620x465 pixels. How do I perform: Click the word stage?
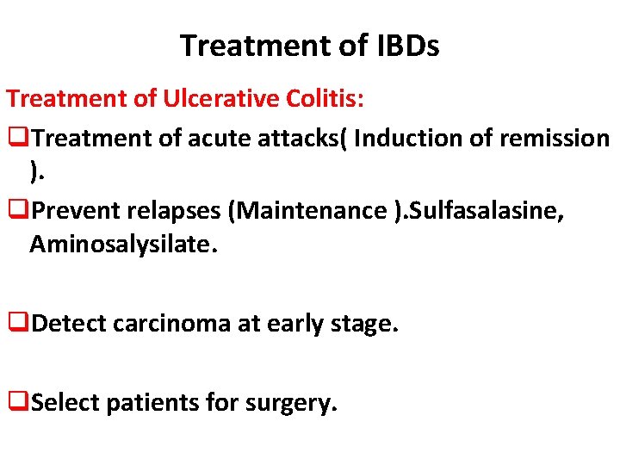(367, 325)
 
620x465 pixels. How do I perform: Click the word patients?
(143, 401)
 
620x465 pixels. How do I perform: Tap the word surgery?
(294, 401)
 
